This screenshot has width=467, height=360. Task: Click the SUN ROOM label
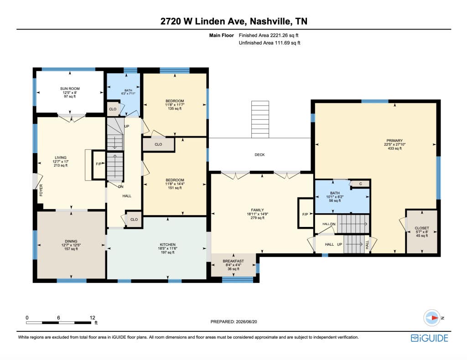click(x=70, y=88)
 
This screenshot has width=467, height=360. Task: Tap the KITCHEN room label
click(x=168, y=245)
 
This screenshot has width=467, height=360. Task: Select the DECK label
click(x=259, y=155)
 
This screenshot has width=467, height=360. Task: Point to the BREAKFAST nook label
click(x=233, y=261)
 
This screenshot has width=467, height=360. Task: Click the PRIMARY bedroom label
click(x=394, y=140)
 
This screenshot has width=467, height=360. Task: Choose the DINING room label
click(x=71, y=241)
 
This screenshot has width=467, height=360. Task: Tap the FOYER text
click(x=41, y=190)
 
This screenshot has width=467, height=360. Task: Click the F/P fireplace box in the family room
click(x=306, y=213)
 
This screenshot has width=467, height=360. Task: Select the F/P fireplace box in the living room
click(x=99, y=165)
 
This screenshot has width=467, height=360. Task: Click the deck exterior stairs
click(x=260, y=119)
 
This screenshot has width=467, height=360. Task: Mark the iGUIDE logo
click(x=429, y=338)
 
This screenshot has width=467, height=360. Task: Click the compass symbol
click(x=432, y=318)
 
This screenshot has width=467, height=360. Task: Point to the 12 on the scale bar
click(x=92, y=318)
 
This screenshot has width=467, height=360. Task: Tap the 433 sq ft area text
click(x=394, y=148)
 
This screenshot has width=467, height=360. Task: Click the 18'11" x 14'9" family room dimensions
click(x=257, y=214)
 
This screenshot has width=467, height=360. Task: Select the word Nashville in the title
click(x=271, y=21)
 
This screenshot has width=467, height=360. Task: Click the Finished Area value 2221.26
click(x=280, y=35)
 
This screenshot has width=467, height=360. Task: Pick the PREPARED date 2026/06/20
click(x=246, y=322)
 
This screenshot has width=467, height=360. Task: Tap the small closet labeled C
click(x=360, y=184)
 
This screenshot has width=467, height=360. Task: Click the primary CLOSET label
click(x=422, y=228)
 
